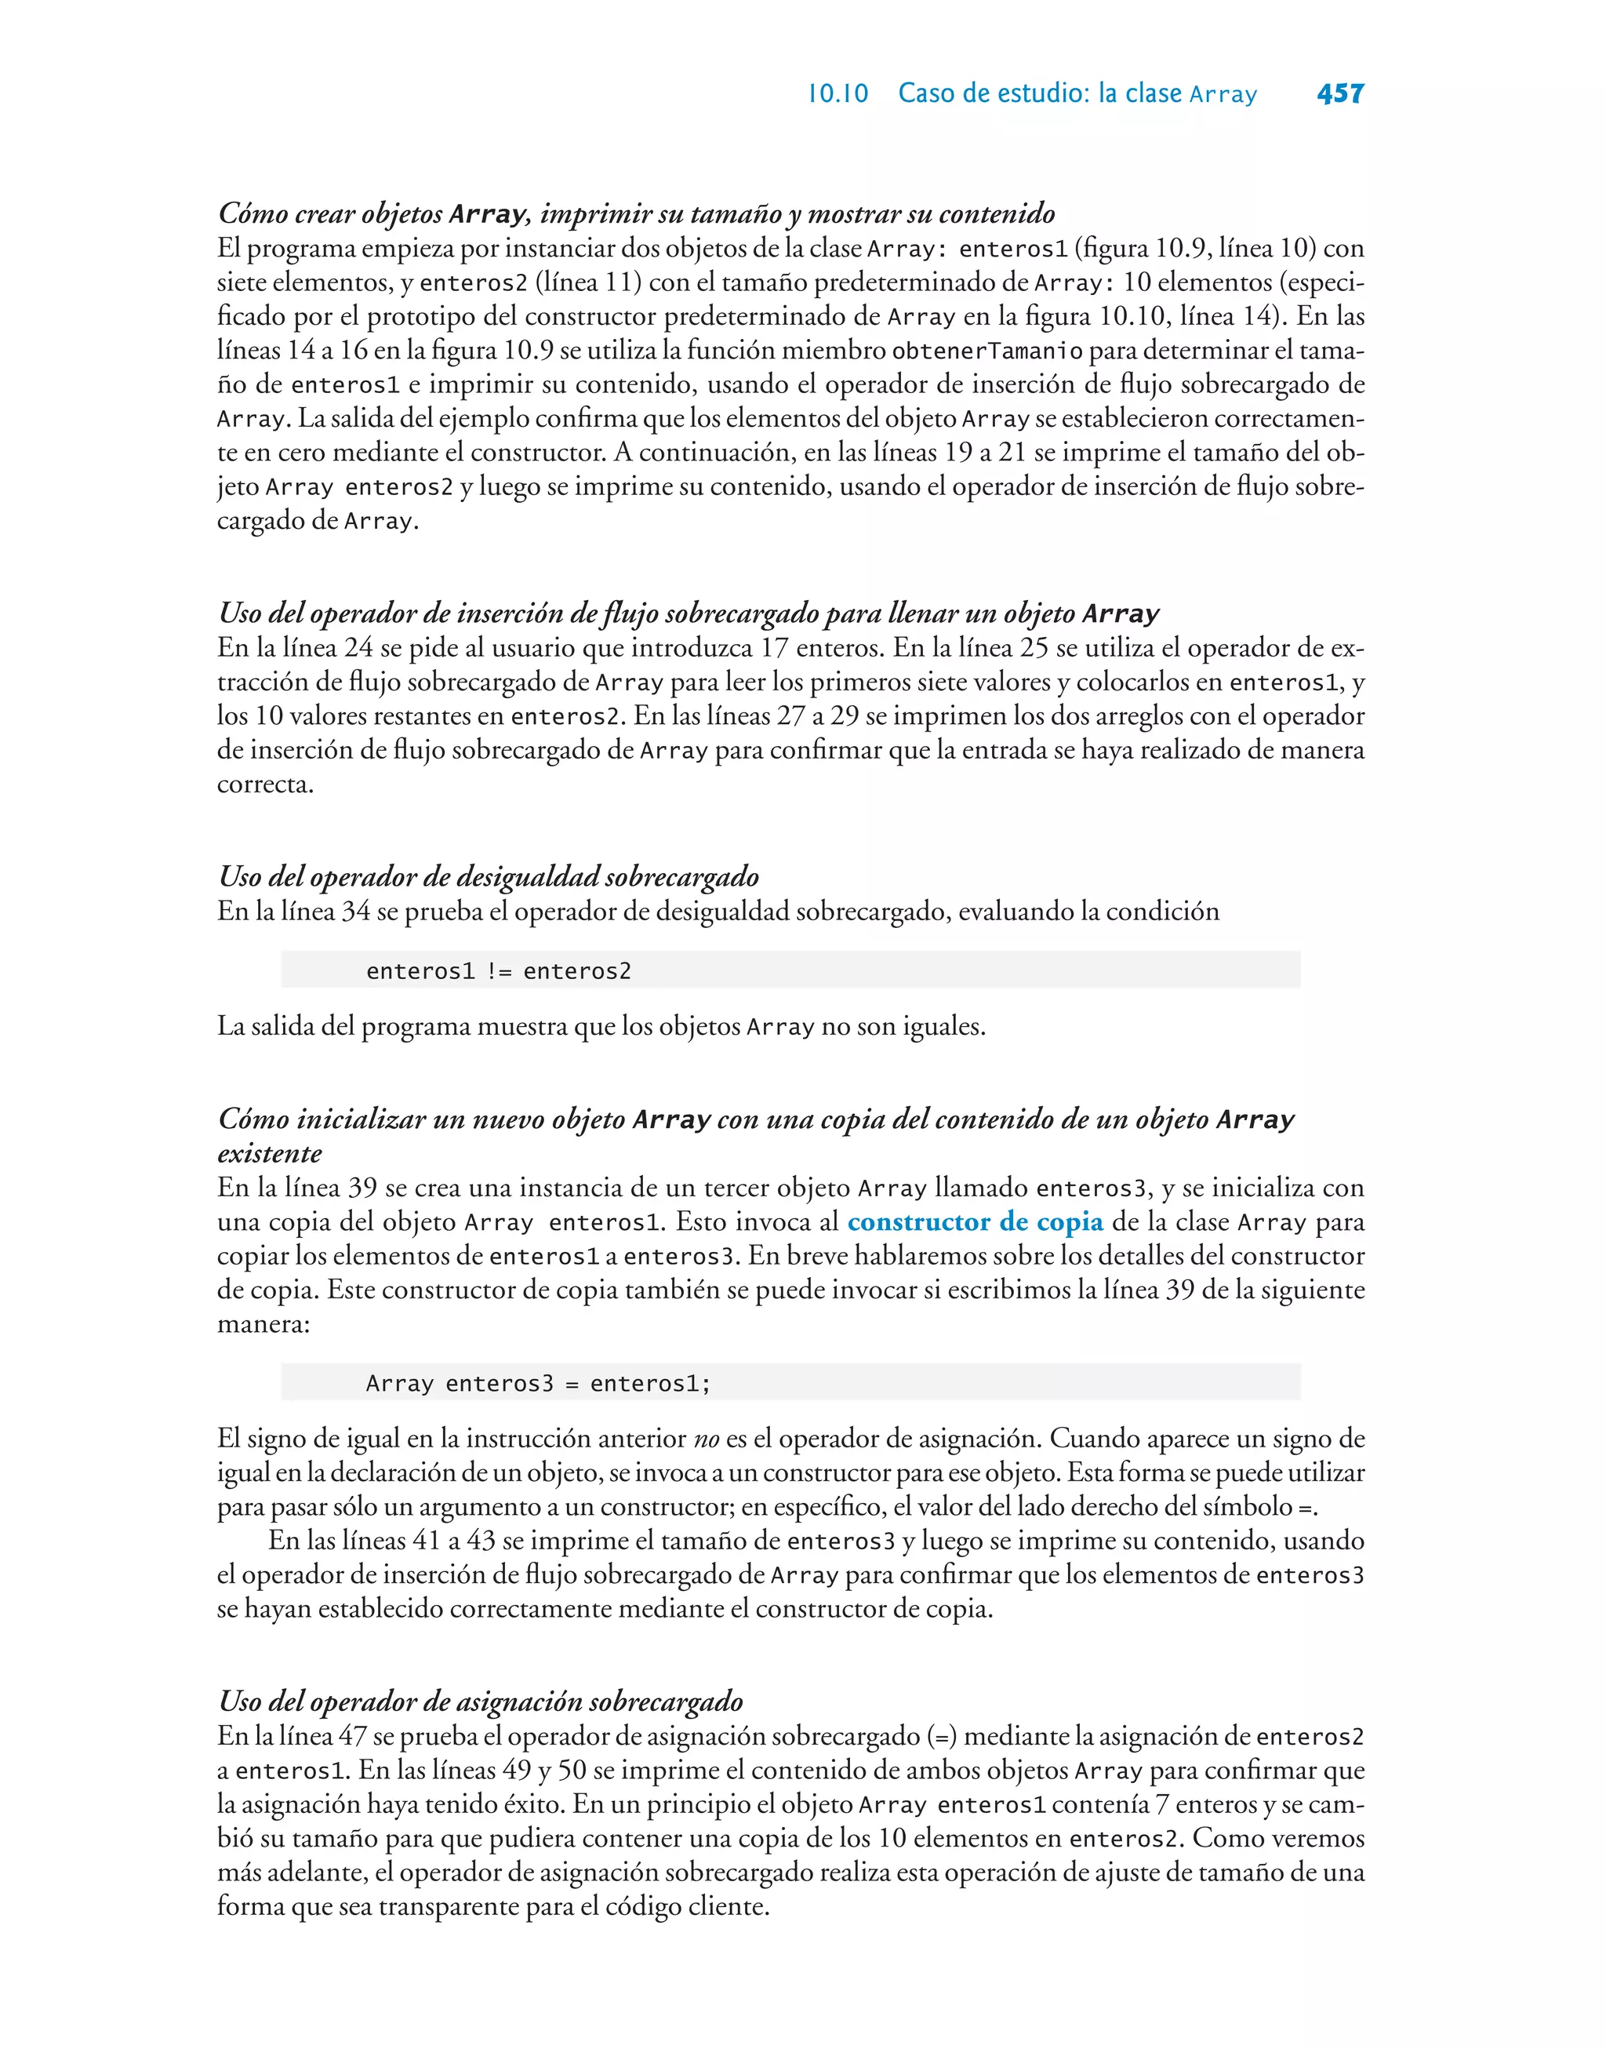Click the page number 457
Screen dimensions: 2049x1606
click(1340, 93)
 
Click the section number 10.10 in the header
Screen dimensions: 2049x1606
click(838, 94)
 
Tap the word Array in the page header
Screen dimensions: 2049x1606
click(1223, 95)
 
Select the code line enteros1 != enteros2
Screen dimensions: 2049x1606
click(499, 970)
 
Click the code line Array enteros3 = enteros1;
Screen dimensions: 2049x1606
click(538, 1383)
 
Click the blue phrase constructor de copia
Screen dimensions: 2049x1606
click(975, 1221)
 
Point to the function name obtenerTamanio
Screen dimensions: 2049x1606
click(986, 351)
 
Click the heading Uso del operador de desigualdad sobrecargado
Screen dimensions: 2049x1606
click(488, 876)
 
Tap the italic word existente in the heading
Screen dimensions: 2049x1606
click(270, 1154)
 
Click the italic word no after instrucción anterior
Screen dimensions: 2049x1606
click(705, 1439)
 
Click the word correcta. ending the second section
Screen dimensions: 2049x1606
click(265, 784)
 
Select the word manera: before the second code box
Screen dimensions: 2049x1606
click(263, 1324)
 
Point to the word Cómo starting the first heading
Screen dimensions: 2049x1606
click(253, 213)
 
